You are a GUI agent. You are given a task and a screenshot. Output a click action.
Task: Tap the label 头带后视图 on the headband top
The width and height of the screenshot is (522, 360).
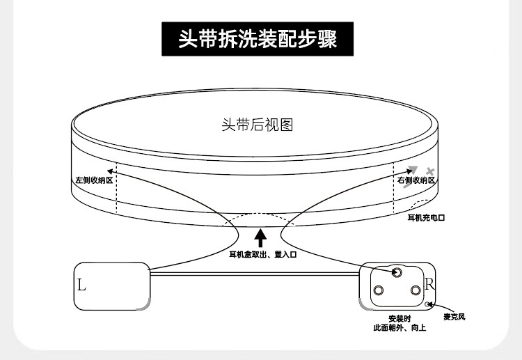[257, 125]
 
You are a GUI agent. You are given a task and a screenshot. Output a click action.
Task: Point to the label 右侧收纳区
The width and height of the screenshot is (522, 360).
[416, 180]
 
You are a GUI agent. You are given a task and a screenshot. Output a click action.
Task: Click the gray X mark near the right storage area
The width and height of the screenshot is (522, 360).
[430, 171]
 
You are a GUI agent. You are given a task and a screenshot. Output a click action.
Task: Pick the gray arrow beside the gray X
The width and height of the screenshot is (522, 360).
[412, 171]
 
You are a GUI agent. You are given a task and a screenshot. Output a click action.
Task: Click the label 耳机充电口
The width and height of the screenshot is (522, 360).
[425, 218]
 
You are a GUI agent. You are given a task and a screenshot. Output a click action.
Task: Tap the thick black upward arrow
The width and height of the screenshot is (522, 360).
[260, 237]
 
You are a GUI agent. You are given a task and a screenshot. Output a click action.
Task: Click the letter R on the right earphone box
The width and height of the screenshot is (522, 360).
[429, 284]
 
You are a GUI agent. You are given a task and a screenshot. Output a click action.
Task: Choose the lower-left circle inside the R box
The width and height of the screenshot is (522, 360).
[379, 290]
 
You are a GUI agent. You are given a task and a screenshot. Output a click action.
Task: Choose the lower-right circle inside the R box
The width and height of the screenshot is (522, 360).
[416, 290]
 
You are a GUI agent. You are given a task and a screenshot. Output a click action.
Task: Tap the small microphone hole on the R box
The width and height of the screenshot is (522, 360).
[429, 304]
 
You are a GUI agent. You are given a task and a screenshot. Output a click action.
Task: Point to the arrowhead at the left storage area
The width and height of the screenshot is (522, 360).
[110, 170]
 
